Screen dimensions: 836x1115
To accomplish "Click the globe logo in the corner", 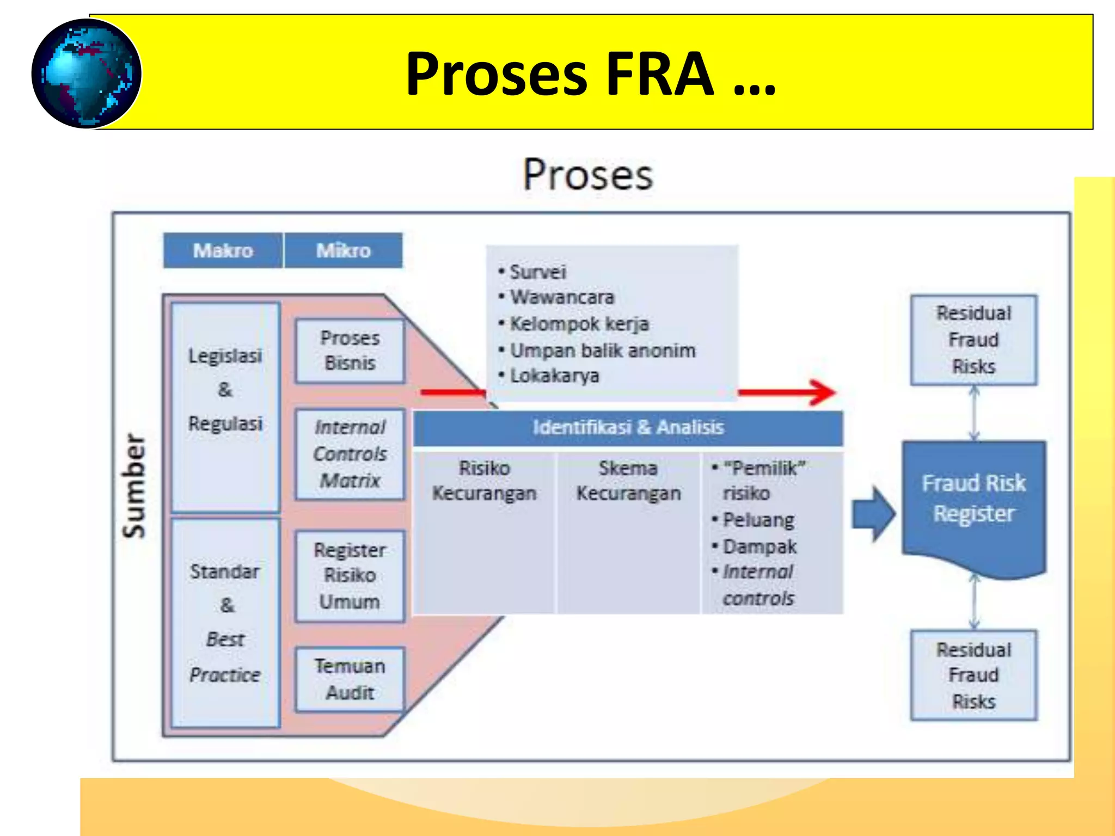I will tap(86, 73).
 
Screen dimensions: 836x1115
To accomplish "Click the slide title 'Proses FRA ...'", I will tap(590, 73).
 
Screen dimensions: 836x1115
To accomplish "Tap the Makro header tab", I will tap(223, 250).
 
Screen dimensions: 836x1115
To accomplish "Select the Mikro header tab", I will tap(344, 250).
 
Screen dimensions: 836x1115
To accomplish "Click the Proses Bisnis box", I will tap(350, 351).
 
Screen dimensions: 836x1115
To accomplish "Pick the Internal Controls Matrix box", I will tap(350, 454).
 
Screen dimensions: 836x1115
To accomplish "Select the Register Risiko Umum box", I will tap(350, 576).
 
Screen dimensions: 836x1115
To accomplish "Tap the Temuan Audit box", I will tap(350, 679).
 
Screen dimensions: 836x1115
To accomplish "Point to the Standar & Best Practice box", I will tap(225, 623).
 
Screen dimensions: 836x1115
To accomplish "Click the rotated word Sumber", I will tap(134, 485).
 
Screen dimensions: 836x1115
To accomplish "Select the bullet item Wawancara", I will tap(562, 297).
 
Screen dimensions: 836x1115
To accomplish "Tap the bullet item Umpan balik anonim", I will tap(602, 351).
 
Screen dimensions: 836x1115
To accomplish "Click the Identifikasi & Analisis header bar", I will tap(628, 428).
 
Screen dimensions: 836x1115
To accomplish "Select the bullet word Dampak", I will tap(759, 546).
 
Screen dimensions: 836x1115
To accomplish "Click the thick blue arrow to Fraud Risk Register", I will tap(873, 514).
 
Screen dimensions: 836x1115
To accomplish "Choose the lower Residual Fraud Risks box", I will tap(973, 675).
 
